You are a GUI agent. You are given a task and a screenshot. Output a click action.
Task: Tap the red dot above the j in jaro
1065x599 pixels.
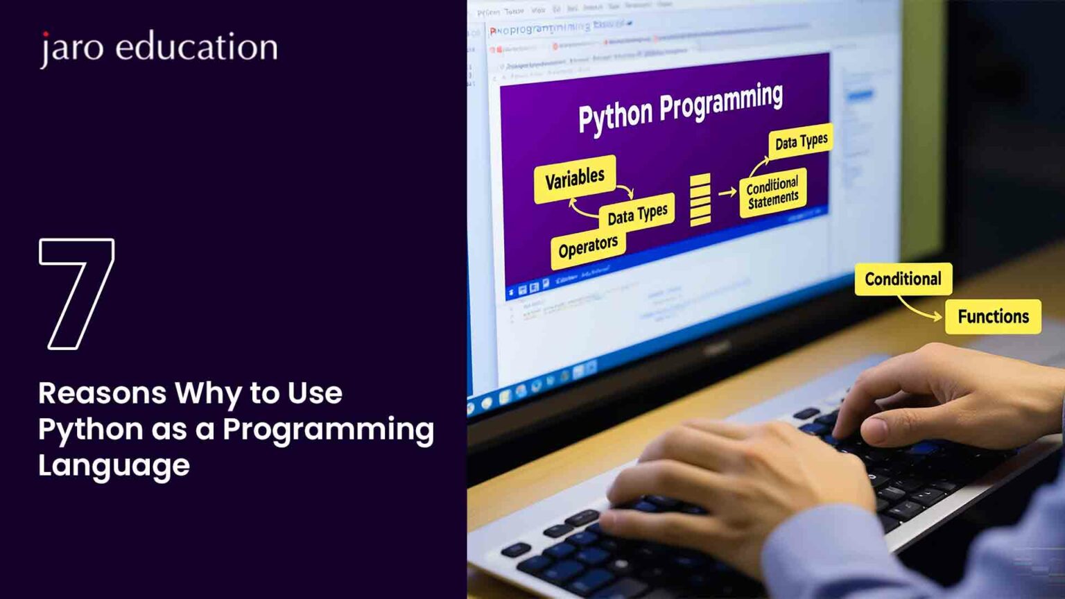pos(46,34)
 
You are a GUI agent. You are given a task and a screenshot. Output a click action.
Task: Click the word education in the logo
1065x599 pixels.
pos(196,46)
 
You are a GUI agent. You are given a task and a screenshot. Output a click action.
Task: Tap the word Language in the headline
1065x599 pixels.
pos(114,465)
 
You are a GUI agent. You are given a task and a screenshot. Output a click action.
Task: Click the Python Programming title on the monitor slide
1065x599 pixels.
pos(680,107)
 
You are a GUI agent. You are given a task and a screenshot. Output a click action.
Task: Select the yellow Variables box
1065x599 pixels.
pos(574,179)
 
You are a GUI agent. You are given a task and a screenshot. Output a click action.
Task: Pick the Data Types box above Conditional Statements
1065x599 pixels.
pos(801,142)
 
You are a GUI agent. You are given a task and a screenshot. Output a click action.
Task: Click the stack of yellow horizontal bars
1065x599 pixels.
pos(700,200)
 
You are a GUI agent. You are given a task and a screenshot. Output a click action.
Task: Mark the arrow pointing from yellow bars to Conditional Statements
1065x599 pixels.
pos(727,193)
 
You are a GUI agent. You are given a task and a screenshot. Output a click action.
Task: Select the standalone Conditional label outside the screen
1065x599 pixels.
pos(903,279)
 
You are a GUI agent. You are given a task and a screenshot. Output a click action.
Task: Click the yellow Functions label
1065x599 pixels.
pos(993,316)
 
